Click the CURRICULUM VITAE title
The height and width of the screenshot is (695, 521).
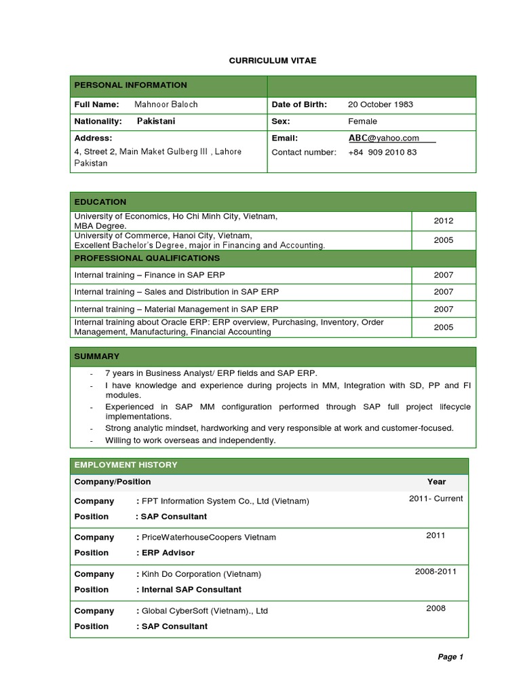pos(272,61)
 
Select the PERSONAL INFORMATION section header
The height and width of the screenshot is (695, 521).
pos(130,86)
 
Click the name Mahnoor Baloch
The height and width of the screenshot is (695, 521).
pos(166,105)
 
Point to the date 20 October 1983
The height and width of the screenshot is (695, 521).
pos(380,105)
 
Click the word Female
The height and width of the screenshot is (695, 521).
pos(362,121)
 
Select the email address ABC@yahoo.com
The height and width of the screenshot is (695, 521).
pos(384,138)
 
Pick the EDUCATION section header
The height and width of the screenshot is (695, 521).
pos(100,202)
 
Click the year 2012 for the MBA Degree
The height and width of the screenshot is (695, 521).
pos(444,221)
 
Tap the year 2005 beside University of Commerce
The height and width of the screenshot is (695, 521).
pos(444,240)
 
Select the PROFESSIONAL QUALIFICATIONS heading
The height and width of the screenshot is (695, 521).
pos(147,258)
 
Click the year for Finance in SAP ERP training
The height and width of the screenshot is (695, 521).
pos(444,275)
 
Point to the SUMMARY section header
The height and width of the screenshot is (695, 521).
pos(97,356)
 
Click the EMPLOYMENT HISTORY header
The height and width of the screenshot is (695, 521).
pos(126,465)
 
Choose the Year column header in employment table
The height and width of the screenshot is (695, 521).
pos(436,482)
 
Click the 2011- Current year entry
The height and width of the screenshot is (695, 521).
pos(436,499)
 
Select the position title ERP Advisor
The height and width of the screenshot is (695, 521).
pos(168,553)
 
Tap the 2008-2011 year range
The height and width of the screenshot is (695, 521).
pos(436,571)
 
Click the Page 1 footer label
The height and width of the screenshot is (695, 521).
pos(450,657)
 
